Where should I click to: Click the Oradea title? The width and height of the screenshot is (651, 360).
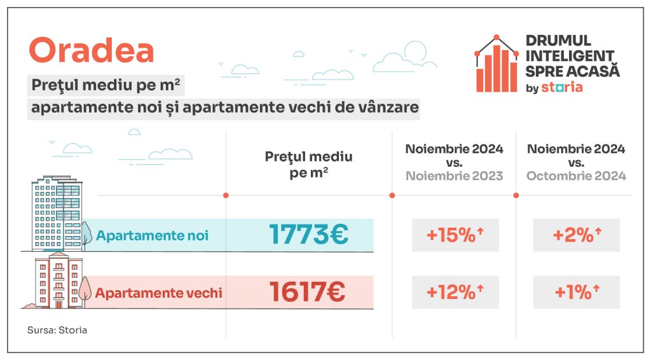92,51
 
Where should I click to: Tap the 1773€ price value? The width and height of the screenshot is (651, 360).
308,235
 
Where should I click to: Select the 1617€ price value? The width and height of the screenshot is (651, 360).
307,293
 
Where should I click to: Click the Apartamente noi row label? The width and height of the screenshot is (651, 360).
153,236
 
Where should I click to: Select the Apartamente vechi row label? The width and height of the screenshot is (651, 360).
159,293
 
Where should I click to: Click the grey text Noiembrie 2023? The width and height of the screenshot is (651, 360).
455,176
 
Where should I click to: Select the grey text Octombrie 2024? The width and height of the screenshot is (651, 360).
576,176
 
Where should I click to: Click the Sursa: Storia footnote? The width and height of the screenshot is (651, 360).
57,331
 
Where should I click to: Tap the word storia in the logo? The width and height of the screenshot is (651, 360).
562,87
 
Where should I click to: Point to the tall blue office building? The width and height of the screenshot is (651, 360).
57,213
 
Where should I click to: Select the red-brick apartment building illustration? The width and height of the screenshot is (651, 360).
58,280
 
